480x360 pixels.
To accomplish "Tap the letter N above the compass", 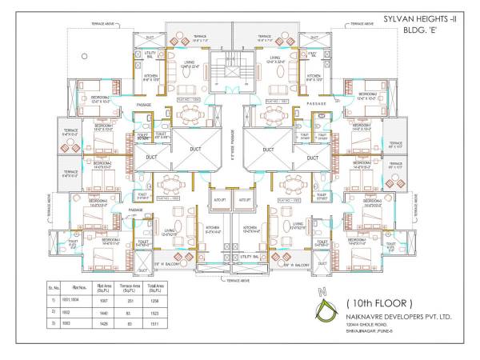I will tap(322, 290).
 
